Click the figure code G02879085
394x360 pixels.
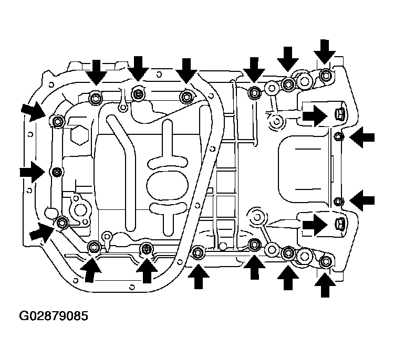pyautogui.click(x=54, y=315)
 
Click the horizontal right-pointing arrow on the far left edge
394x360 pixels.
pyautogui.click(x=32, y=172)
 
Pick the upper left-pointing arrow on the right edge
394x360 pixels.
pyautogui.click(x=362, y=137)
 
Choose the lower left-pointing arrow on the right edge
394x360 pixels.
pyautogui.click(x=362, y=200)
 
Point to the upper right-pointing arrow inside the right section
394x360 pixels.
pyautogui.click(x=315, y=116)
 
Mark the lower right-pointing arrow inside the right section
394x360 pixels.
pyautogui.click(x=315, y=225)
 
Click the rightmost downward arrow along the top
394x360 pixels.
pyautogui.click(x=325, y=52)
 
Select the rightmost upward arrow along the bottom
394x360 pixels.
pyautogui.click(x=325, y=285)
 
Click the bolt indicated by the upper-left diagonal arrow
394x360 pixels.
pyautogui.click(x=58, y=122)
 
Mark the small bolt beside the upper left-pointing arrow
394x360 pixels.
pyautogui.click(x=338, y=137)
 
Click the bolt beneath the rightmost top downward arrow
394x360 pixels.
pyautogui.click(x=326, y=75)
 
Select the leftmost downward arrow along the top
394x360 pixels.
pyautogui.click(x=96, y=72)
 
